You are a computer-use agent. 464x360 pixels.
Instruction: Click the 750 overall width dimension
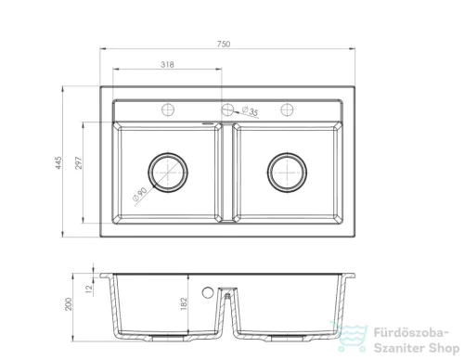[x=224, y=45]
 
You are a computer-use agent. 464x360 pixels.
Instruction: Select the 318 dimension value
[x=167, y=65]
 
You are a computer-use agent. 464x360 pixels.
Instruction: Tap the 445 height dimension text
[x=58, y=162]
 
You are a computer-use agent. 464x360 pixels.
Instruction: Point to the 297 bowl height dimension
[x=79, y=162]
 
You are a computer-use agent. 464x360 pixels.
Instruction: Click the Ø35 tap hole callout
[x=250, y=111]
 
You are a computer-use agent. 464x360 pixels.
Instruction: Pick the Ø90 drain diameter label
[x=139, y=194]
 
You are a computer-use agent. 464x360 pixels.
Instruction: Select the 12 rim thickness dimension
[x=89, y=289]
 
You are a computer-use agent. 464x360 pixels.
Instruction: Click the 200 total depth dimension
[x=69, y=304]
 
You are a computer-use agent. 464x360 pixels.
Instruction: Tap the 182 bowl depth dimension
[x=184, y=303]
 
